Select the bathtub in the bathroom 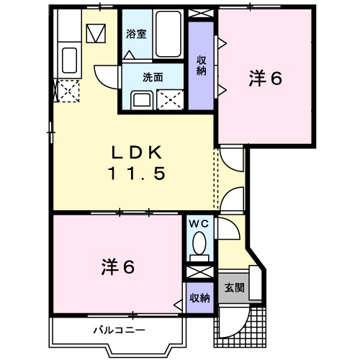pos(166,35)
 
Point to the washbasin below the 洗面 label pos(142,99)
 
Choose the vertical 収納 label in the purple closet pos(201,66)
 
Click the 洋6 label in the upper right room pos(266,78)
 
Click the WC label pos(198,224)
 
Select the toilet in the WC pos(199,247)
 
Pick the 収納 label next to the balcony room pos(199,297)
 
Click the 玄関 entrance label pos(233,288)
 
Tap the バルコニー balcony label pos(119,330)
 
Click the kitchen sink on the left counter pos(70,59)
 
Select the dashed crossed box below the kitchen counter pos(68,93)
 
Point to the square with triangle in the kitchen pos(95,34)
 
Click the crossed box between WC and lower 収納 pos(199,274)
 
